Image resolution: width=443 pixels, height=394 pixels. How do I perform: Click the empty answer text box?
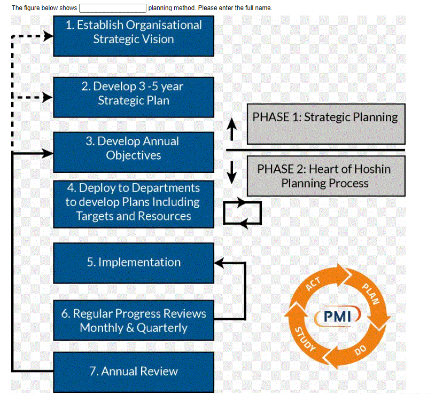pos(113,8)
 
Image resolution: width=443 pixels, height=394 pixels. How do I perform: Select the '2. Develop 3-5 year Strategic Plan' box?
pos(133,93)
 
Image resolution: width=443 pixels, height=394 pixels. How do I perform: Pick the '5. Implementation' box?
pos(133,262)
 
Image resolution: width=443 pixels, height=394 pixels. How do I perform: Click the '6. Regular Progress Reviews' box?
pos(133,320)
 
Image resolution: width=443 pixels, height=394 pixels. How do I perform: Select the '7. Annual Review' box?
pos(133,371)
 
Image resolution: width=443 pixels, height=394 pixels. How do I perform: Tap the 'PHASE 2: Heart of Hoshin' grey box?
pos(325,176)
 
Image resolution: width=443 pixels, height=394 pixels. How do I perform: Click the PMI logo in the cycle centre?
pos(339,317)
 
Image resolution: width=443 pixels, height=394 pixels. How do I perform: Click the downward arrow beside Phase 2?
pos(231,170)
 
